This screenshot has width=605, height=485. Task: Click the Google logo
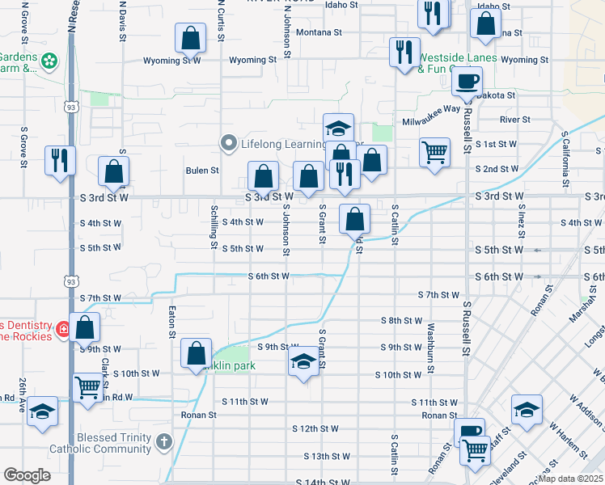point(27,475)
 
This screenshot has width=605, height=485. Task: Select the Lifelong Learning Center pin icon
point(230,144)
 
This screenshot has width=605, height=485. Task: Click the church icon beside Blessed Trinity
point(164,441)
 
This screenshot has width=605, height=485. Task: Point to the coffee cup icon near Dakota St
point(467,81)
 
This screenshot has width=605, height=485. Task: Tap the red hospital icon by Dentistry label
point(62,332)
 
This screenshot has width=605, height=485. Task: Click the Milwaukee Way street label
point(431,108)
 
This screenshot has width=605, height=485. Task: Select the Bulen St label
point(202,171)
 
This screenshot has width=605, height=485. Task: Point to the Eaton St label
point(172,322)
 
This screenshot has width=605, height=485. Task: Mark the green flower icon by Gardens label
point(50,61)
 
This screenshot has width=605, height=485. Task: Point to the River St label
point(514,120)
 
